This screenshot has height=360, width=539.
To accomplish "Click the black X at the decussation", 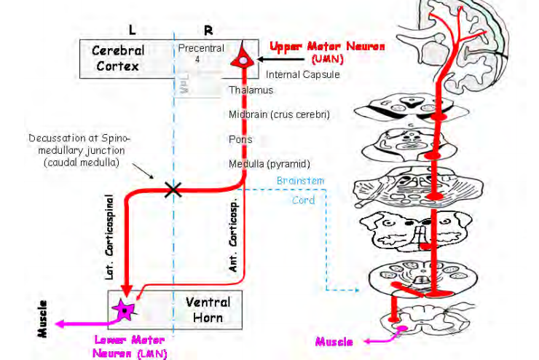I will click(x=173, y=189).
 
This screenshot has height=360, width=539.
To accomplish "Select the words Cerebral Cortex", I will click(x=117, y=59).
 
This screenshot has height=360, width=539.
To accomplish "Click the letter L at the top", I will click(x=132, y=31).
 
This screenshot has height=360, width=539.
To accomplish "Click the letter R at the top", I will click(x=208, y=31).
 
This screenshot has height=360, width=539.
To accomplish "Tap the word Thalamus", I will click(x=251, y=90).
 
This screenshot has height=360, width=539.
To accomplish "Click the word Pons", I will click(x=240, y=139).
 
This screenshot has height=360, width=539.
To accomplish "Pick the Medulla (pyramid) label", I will click(x=269, y=163).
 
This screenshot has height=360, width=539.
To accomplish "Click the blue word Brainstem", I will click(x=300, y=180).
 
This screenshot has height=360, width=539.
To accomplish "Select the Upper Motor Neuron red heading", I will click(x=318, y=47).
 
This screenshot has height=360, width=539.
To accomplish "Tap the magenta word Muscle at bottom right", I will click(x=334, y=341).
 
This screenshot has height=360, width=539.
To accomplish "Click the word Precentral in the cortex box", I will click(x=201, y=48).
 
